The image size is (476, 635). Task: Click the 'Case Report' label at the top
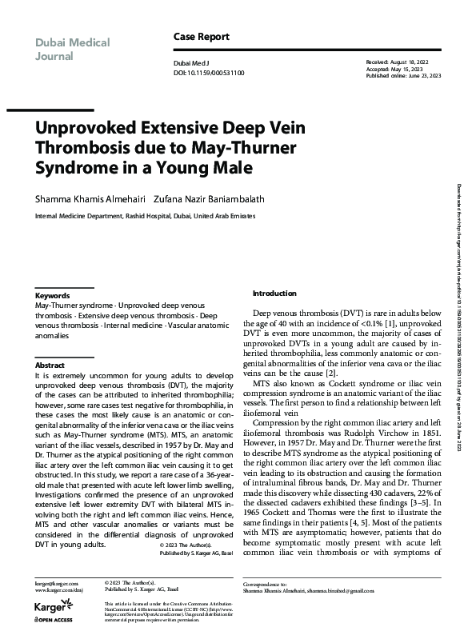[x=201, y=37]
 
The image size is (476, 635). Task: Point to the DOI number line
[x=209, y=73]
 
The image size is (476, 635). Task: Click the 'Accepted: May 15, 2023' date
[x=394, y=67]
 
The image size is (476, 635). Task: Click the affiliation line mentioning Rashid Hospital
[x=147, y=216]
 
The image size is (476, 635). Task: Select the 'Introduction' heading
[x=274, y=294]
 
